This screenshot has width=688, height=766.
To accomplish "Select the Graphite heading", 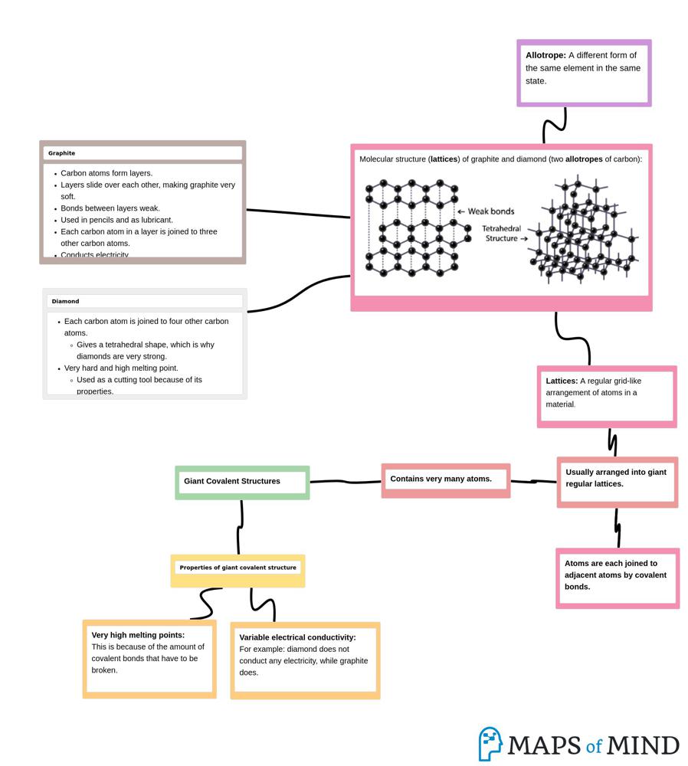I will click(x=62, y=153).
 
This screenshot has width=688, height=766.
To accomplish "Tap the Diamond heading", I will click(x=66, y=301).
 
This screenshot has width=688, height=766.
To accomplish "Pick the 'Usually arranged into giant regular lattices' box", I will click(x=617, y=479).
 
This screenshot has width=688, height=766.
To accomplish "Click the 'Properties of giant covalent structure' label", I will click(x=238, y=568).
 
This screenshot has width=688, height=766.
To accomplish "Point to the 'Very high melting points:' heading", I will click(x=138, y=635).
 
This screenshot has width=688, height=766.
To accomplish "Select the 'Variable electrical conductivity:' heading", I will click(x=297, y=637).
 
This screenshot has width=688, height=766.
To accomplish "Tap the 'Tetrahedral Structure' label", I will click(x=503, y=234).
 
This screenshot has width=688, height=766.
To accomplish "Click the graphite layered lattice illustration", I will click(x=413, y=227).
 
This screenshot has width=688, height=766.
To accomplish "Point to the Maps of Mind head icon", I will click(x=490, y=744).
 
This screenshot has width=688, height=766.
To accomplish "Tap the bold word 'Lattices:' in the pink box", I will click(x=562, y=381).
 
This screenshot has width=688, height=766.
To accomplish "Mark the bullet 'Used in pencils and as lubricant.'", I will click(x=116, y=220).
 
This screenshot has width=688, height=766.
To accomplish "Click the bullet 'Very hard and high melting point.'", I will click(x=121, y=368).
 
